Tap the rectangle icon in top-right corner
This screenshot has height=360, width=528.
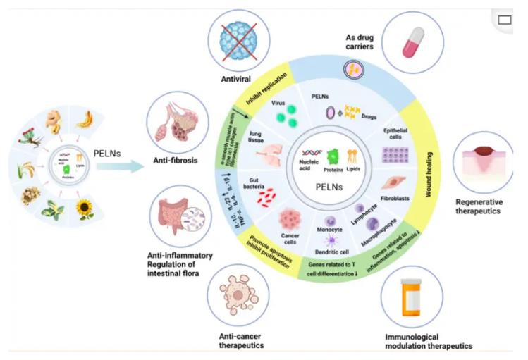pos(505,20)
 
